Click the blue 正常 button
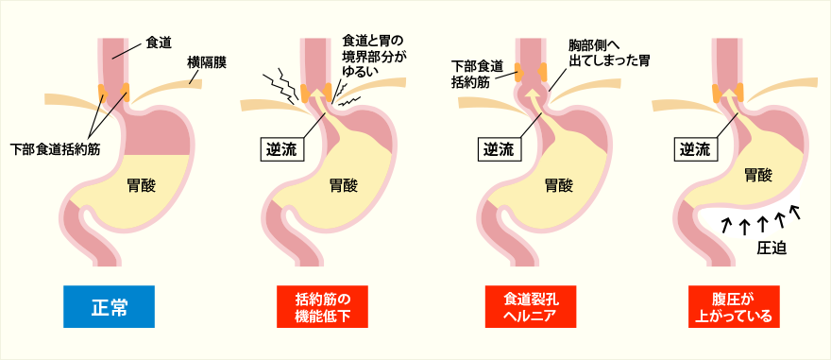108,307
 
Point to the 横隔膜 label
206,62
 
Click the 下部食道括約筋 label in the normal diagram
57,149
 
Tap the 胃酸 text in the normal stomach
142,185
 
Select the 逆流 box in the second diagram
280,148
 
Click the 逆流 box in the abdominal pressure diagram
697,148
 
